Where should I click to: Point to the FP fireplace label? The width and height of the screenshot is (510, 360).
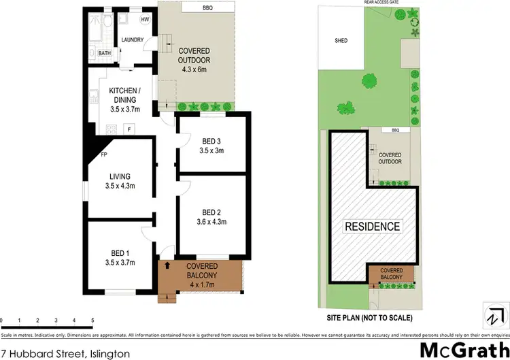click(x=104, y=154)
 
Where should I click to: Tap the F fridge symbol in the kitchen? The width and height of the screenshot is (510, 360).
click(x=129, y=127)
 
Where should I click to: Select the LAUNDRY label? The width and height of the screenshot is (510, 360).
click(x=132, y=40)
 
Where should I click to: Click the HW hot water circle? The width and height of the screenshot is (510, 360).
click(x=145, y=20)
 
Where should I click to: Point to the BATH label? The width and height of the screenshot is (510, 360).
click(x=104, y=53)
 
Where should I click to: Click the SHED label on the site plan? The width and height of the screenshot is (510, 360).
click(x=341, y=41)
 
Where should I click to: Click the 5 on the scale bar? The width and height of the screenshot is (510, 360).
click(x=92, y=321)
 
